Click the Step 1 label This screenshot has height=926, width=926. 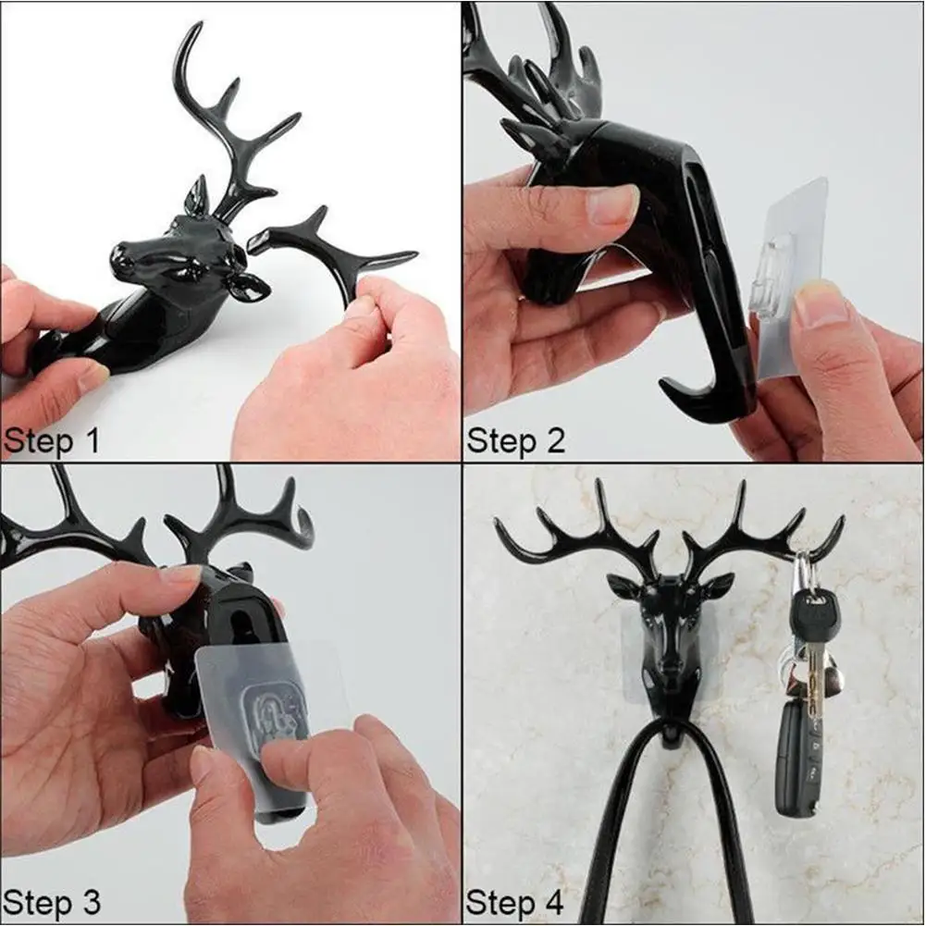point(51,441)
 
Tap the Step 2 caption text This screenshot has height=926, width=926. point(515,440)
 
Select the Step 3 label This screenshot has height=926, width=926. point(51,901)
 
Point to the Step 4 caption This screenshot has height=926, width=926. point(515,901)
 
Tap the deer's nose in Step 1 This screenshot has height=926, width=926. point(123,260)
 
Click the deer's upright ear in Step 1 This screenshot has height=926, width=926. point(197,196)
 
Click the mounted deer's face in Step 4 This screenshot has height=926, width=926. point(672,629)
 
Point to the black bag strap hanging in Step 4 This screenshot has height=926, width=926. point(611,833)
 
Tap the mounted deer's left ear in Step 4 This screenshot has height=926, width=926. point(624,586)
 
